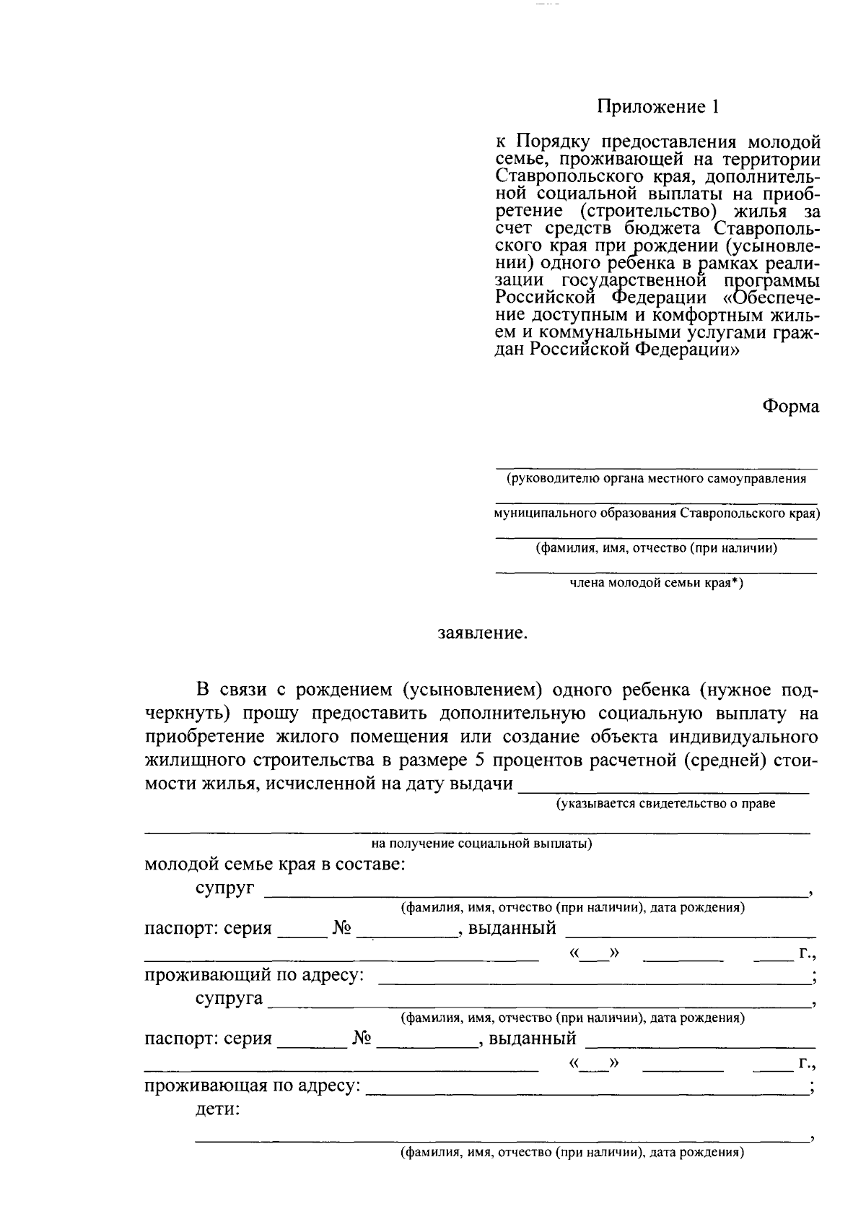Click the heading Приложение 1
pyautogui.click(x=658, y=107)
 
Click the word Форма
pyautogui.click(x=791, y=407)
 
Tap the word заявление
pyautogui.click(x=483, y=633)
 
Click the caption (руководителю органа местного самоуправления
pyautogui.click(x=656, y=479)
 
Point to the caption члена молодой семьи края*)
pyautogui.click(x=656, y=584)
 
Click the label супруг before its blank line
pyautogui.click(x=224, y=888)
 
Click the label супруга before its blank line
pyautogui.click(x=229, y=1000)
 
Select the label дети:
pyautogui.click(x=217, y=1110)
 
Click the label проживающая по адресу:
pyautogui.click(x=252, y=1086)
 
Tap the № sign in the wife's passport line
pyautogui.click(x=362, y=1039)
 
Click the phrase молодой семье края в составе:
pyautogui.click(x=274, y=864)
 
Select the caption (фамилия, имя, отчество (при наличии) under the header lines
pyautogui.click(x=656, y=548)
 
